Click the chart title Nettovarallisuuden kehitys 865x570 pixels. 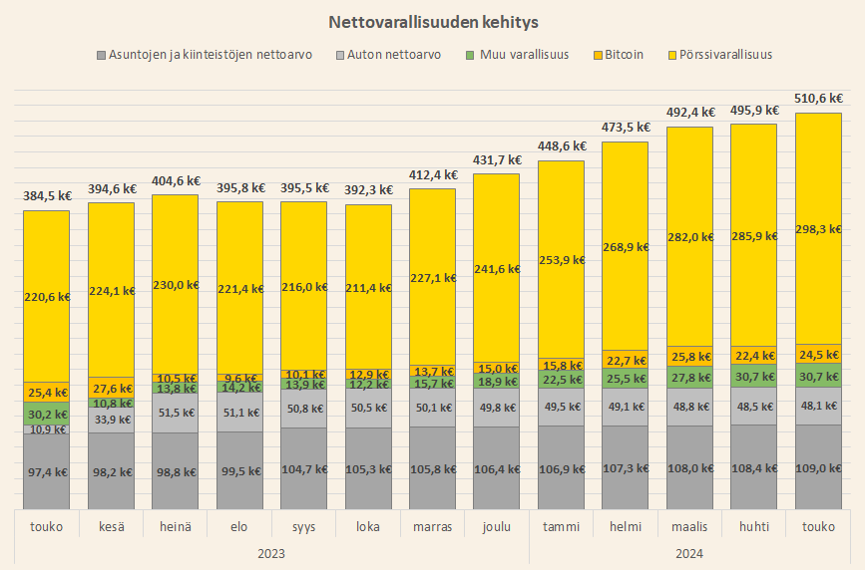pos(432,20)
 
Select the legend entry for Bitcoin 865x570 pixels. pos(623,55)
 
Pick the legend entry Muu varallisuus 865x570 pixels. pos(524,55)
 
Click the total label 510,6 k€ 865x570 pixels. pos(817,99)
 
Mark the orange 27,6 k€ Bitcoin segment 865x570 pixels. pos(111,388)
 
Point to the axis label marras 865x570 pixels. pos(432,526)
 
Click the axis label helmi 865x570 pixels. pos(625,526)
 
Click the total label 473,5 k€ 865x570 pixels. pos(625,128)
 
